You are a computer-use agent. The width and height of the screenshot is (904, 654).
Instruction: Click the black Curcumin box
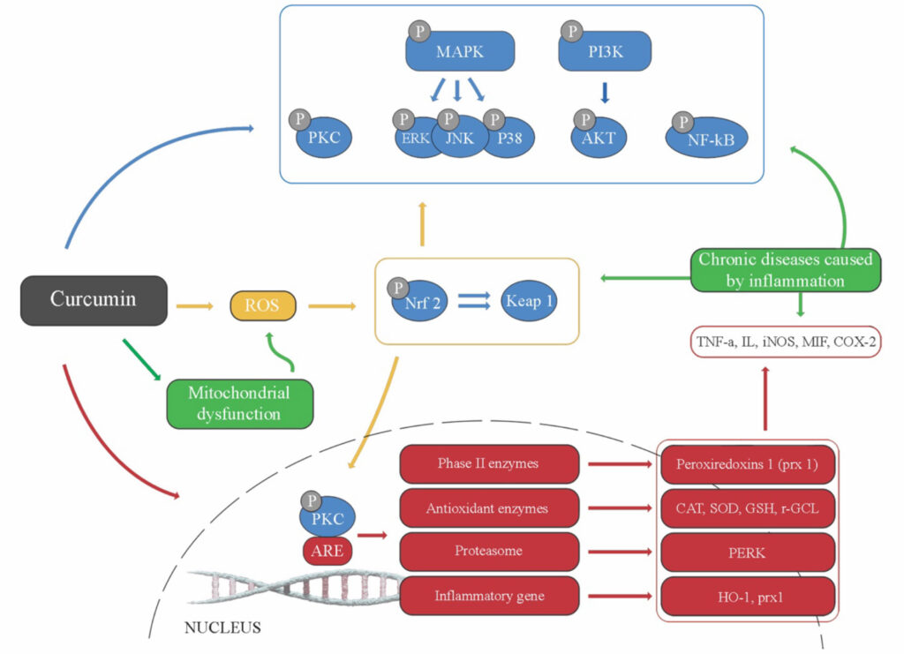coord(94,299)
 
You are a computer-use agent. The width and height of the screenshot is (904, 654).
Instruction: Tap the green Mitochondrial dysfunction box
coord(239,403)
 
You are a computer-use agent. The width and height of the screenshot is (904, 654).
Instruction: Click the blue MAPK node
coord(460,51)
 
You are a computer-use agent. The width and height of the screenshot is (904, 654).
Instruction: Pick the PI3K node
coord(606,51)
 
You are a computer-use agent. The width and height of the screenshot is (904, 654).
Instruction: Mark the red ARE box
coord(328,552)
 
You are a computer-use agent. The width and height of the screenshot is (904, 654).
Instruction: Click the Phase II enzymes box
coord(489,463)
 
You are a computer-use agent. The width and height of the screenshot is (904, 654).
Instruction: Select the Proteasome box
coord(489,551)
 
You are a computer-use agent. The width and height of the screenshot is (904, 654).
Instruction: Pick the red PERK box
coord(748,552)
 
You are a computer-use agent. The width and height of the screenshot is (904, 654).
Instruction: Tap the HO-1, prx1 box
coord(748,596)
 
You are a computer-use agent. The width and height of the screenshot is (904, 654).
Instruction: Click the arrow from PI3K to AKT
coord(605,93)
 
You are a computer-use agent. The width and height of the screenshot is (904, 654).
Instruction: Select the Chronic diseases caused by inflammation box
coord(786,270)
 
